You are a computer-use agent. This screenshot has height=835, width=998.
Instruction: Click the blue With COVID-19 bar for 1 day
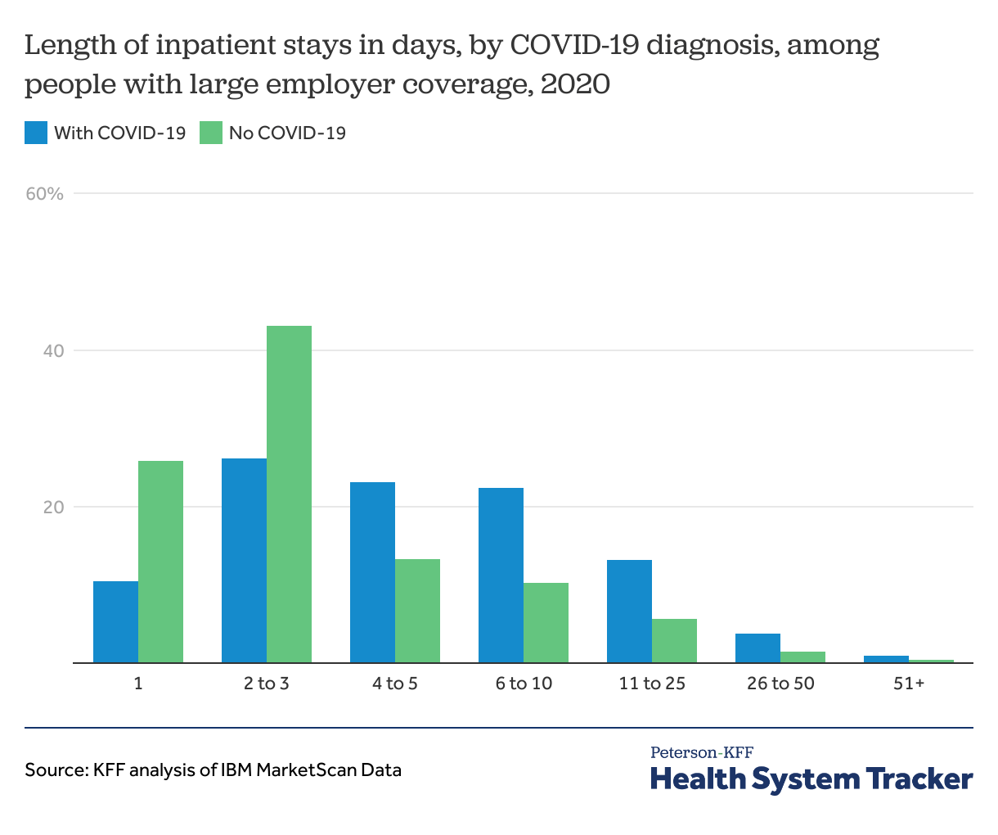tap(115, 621)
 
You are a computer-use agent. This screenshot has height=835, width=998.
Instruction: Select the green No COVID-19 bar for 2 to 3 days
tap(289, 494)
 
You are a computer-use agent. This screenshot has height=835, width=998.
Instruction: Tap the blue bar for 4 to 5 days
tap(372, 572)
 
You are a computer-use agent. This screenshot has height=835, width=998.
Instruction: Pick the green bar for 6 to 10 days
tap(546, 622)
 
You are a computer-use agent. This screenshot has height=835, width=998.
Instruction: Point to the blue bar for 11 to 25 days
tap(629, 611)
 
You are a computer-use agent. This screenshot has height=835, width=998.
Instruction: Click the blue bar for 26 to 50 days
tap(757, 648)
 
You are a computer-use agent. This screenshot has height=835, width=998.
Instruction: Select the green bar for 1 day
tap(160, 562)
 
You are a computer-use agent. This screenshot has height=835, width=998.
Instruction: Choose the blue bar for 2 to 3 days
tap(244, 560)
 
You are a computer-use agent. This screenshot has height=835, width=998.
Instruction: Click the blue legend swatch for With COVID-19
tap(36, 133)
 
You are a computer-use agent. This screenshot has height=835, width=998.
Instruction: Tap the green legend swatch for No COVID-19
tap(211, 133)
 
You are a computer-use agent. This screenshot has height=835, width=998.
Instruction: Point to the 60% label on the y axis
tap(44, 194)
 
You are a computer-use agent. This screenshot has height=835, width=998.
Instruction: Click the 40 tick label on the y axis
tap(53, 350)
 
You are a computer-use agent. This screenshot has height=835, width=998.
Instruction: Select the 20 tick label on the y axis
tap(53, 507)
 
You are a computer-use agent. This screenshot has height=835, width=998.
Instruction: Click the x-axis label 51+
tap(908, 683)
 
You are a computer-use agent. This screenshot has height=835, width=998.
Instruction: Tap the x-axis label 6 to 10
tap(524, 683)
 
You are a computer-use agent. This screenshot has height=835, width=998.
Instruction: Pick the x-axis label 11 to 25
tap(652, 683)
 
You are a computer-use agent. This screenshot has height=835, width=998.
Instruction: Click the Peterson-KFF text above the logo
tap(702, 752)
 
